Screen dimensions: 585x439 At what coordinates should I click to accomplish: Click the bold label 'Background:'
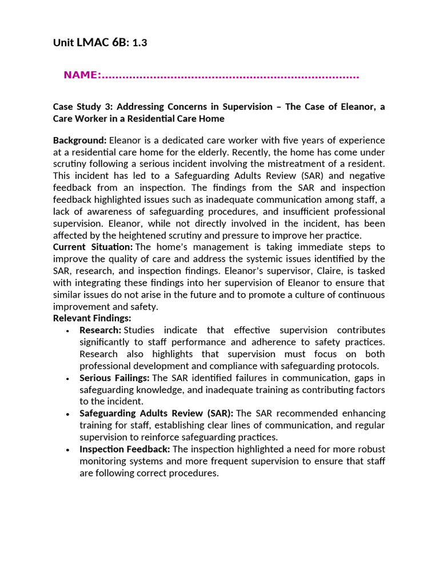pos(79,140)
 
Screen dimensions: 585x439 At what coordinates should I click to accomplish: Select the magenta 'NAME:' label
pos(82,75)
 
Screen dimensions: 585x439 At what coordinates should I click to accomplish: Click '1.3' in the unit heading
pos(139,42)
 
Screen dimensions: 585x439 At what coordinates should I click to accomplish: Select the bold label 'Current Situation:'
pos(93,247)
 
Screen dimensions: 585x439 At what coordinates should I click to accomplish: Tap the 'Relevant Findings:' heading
pos(92,318)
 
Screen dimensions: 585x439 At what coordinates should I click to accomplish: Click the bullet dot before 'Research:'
pos(68,331)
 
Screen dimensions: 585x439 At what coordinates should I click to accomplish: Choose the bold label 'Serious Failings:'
pos(114,378)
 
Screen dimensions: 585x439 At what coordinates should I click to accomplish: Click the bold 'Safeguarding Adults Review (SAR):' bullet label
pos(156,413)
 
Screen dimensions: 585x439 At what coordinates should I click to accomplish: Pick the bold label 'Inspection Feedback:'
pos(125,449)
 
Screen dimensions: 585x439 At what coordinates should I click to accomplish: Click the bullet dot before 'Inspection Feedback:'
pos(68,450)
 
